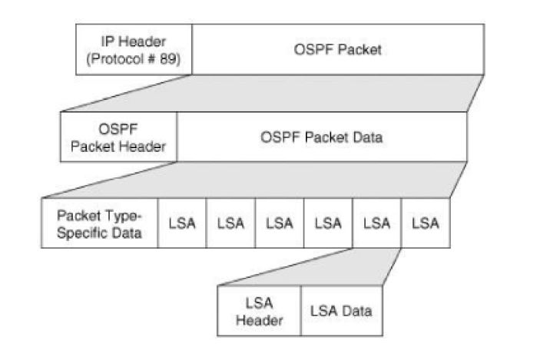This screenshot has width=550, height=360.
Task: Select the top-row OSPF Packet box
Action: click(338, 51)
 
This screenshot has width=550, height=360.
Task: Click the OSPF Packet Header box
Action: click(119, 137)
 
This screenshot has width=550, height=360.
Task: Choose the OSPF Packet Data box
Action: click(321, 137)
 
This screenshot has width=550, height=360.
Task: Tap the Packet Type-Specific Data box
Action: click(100, 223)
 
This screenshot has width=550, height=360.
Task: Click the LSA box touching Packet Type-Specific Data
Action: click(182, 223)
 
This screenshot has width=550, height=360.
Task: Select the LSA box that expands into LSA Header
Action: click(376, 223)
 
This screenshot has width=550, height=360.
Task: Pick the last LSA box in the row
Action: click(426, 223)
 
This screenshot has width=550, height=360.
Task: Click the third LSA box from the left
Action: click(280, 223)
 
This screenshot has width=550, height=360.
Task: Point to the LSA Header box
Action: click(259, 311)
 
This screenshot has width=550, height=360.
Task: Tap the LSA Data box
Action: click(340, 311)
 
